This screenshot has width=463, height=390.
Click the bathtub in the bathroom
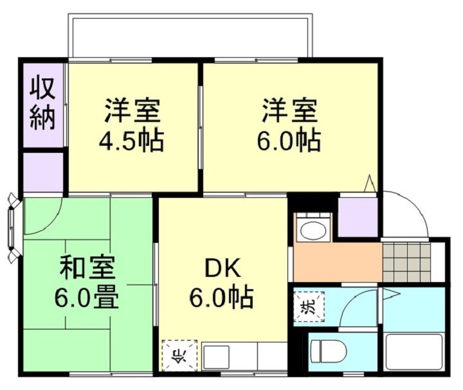pyautogui.click(x=414, y=352)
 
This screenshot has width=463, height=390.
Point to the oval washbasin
pyautogui.click(x=313, y=229)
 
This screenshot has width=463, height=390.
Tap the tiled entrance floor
pyautogui.click(x=406, y=261)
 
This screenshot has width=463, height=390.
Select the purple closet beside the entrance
pyautogui.click(x=358, y=217)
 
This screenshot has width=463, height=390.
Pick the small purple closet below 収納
pyautogui.click(x=44, y=172)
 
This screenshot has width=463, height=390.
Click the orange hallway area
pyautogui.click(x=336, y=261)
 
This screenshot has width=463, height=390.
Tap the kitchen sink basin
pyautogui.click(x=217, y=357)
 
